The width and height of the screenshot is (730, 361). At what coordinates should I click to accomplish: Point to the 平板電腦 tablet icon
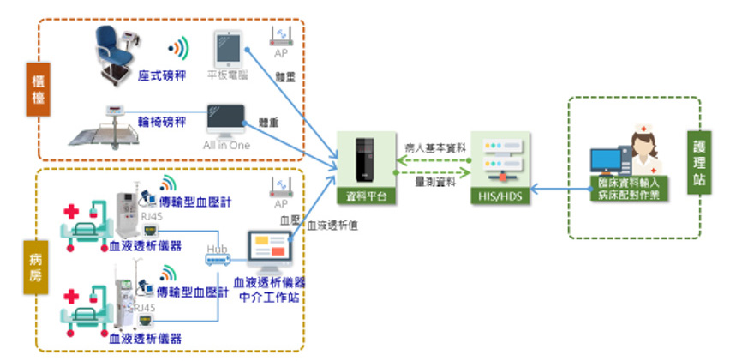[x=227, y=50]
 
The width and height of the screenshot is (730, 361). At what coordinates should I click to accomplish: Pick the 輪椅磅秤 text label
[x=162, y=123]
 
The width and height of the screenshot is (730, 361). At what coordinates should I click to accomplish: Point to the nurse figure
[x=643, y=150]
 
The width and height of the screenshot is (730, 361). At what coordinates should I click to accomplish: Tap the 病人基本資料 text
[x=435, y=147]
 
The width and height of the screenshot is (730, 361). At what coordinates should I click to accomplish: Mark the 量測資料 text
[x=435, y=183]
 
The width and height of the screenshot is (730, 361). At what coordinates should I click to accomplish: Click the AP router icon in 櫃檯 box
[x=280, y=35]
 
